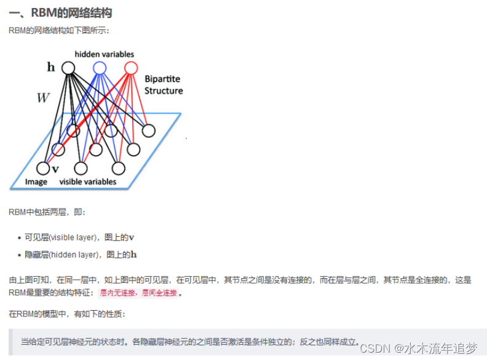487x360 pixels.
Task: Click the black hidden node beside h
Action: pos(68,68)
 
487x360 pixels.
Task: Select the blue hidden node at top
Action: pos(99,67)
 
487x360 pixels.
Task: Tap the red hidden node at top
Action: pos(130,67)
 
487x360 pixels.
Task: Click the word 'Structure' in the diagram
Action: pos(164,90)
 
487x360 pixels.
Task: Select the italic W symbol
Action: pos(42,98)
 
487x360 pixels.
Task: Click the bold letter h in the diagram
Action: pos(51,67)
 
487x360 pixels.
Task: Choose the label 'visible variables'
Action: pos(87,182)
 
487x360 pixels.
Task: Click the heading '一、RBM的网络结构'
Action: pos(60,12)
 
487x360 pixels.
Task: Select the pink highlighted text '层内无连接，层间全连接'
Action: pos(138,293)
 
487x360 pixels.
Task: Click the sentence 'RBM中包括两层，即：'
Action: pos(48,212)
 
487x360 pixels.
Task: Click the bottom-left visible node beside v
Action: pos(42,168)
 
